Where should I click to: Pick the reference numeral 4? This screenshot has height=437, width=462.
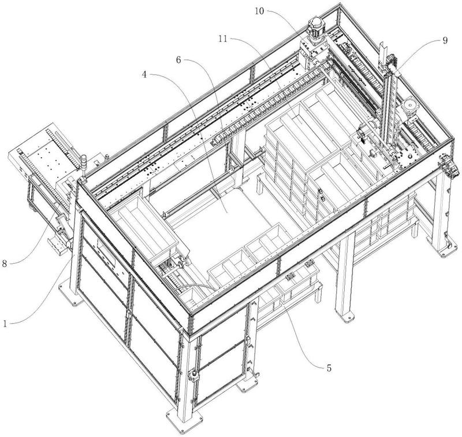pos(148,74)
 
